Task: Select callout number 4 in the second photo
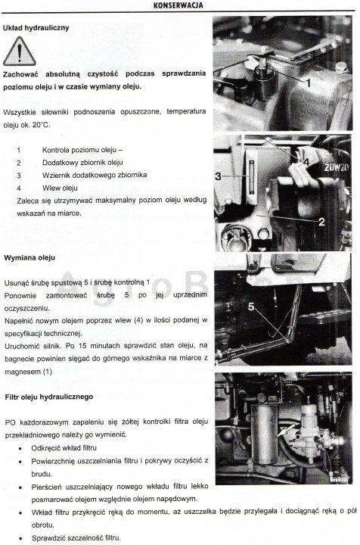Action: point(305,161)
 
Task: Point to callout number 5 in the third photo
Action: point(251,307)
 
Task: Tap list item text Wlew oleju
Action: point(61,187)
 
